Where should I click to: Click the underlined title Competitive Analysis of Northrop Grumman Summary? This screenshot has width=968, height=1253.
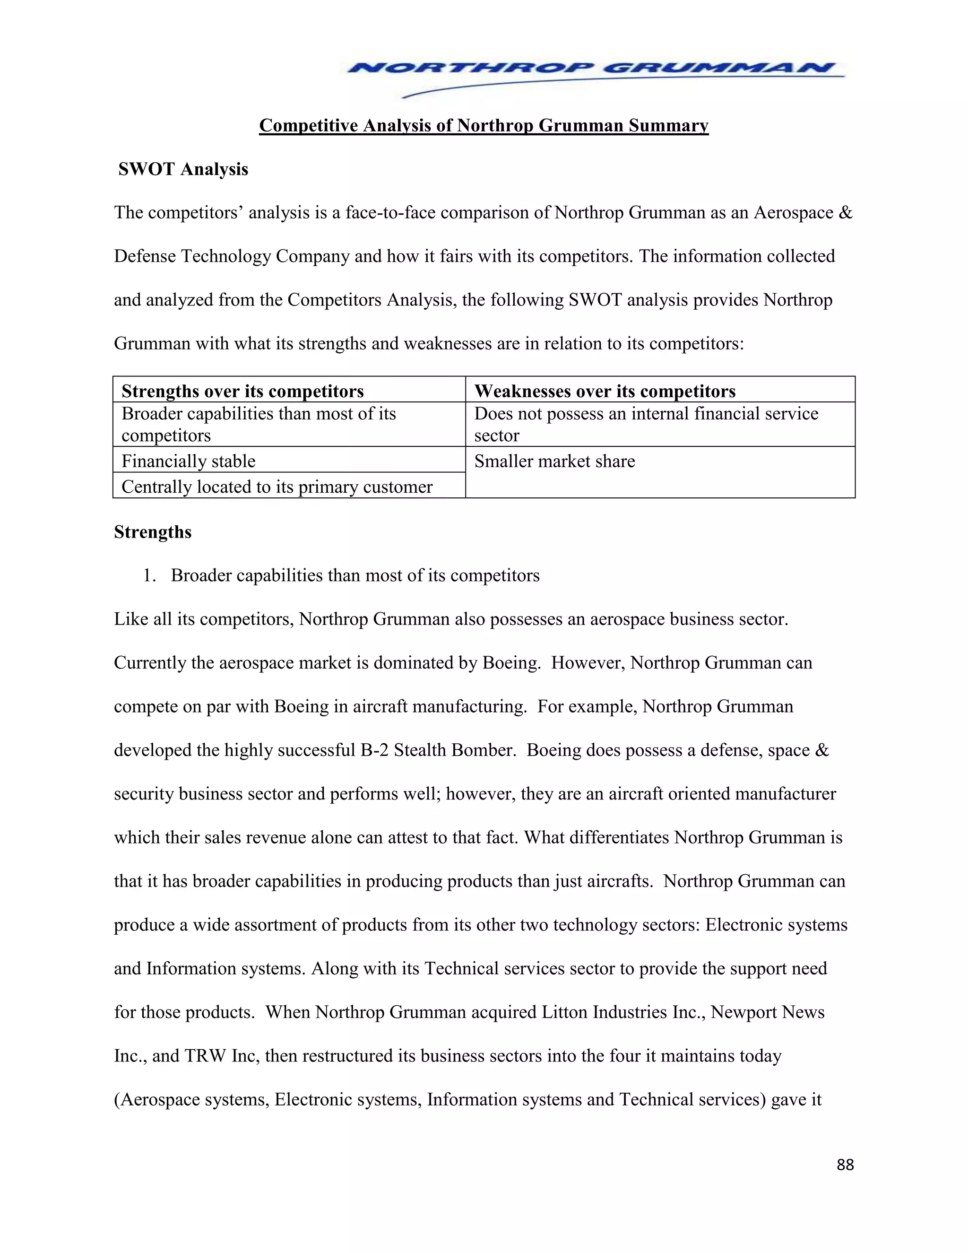(x=484, y=125)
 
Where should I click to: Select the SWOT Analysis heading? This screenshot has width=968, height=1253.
(x=183, y=169)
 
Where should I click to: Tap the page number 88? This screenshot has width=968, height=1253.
(x=845, y=1165)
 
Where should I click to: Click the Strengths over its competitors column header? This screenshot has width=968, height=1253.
(x=242, y=392)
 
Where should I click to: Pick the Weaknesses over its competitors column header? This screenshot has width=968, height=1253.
(x=605, y=392)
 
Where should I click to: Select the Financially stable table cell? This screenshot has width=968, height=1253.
(x=189, y=461)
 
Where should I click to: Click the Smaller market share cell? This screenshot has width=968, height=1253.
(x=554, y=461)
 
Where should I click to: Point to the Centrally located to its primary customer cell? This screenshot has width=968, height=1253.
(x=277, y=487)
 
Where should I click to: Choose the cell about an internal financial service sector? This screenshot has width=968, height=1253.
(x=646, y=424)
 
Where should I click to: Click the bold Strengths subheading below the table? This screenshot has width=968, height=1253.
(x=153, y=532)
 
